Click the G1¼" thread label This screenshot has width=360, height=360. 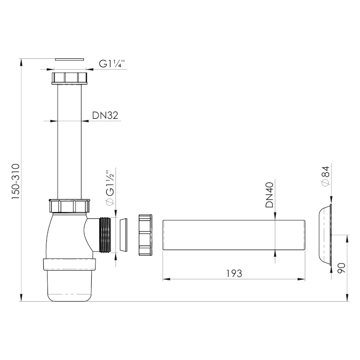[x=112, y=64]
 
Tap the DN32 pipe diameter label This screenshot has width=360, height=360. [x=105, y=115]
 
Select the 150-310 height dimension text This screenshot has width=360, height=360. [x=16, y=182]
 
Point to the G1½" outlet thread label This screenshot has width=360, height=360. [x=110, y=187]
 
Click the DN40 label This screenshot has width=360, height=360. [x=270, y=195]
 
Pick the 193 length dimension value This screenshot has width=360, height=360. [x=234, y=274]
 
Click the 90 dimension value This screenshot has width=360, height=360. [x=342, y=268]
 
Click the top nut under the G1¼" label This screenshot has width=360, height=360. [x=70, y=78]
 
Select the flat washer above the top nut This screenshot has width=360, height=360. [x=70, y=60]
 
